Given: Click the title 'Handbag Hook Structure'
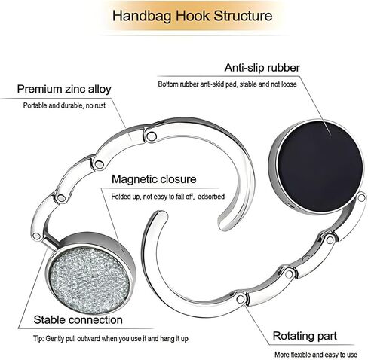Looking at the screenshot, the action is click(192, 16).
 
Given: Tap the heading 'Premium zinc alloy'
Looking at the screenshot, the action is click(64, 89).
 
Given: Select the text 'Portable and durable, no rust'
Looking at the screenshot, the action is click(64, 105).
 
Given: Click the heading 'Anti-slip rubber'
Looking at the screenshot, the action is click(262, 68).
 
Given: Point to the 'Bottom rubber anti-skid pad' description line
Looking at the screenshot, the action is click(227, 84).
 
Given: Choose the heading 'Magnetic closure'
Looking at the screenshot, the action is click(154, 179).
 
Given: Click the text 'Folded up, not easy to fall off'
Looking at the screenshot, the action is click(152, 197).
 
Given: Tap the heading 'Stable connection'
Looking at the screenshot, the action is click(78, 320).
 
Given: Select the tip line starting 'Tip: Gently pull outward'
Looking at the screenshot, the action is click(111, 339).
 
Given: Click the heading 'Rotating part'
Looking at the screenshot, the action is click(305, 336).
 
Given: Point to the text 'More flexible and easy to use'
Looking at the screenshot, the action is click(316, 355).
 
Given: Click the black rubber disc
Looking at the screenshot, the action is click(320, 166).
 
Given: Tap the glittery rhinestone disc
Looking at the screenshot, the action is click(89, 280).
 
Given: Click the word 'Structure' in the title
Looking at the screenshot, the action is click(243, 16).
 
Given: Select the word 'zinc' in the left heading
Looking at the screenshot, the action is click(75, 89).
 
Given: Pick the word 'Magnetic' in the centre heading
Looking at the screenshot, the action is click(134, 179).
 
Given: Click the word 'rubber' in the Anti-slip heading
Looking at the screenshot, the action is click(284, 68).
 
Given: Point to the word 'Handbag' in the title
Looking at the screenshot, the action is click(142, 16).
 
